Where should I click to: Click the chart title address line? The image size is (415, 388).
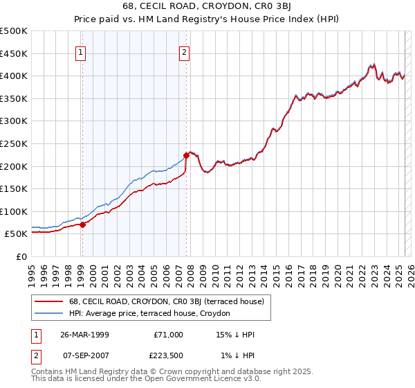click(x=207, y=7)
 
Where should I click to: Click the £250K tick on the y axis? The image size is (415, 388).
click(x=15, y=143)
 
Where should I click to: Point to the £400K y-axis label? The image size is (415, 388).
click(x=15, y=76)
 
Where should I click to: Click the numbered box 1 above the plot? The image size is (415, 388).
click(x=81, y=51)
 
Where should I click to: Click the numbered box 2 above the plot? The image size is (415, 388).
click(x=185, y=51)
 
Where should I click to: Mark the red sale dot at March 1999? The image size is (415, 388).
click(x=82, y=224)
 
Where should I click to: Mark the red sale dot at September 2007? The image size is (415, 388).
click(x=186, y=156)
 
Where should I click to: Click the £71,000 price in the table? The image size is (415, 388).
click(x=168, y=335)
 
